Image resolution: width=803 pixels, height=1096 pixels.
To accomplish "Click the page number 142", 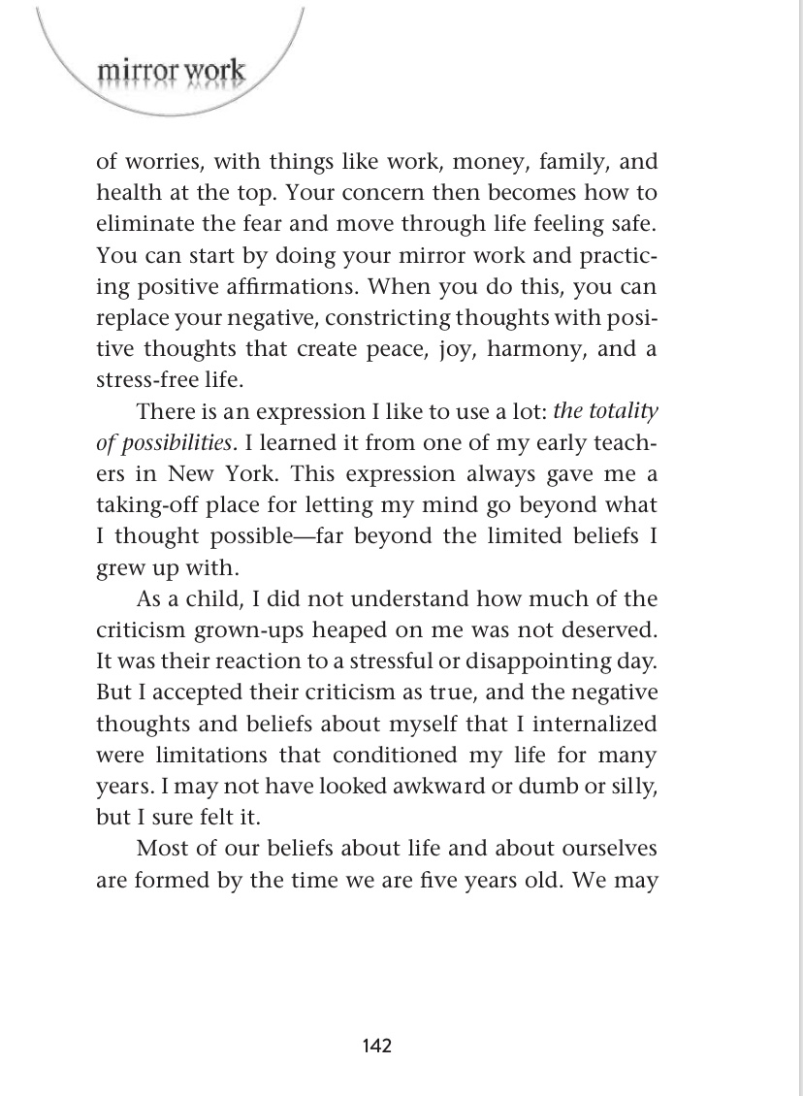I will coord(376,1046).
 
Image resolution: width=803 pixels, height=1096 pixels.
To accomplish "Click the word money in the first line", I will coord(446,160).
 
